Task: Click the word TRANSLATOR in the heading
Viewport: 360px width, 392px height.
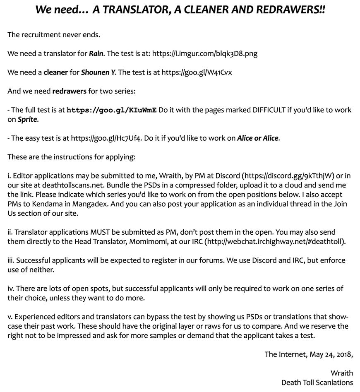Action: pos(128,10)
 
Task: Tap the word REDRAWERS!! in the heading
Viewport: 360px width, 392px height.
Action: pos(293,10)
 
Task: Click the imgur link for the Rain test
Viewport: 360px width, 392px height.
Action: pos(205,54)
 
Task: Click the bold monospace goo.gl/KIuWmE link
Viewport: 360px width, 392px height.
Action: pos(112,110)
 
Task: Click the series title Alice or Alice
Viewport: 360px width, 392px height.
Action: pos(258,138)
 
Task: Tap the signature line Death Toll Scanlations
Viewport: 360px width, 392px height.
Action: pos(317,382)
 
